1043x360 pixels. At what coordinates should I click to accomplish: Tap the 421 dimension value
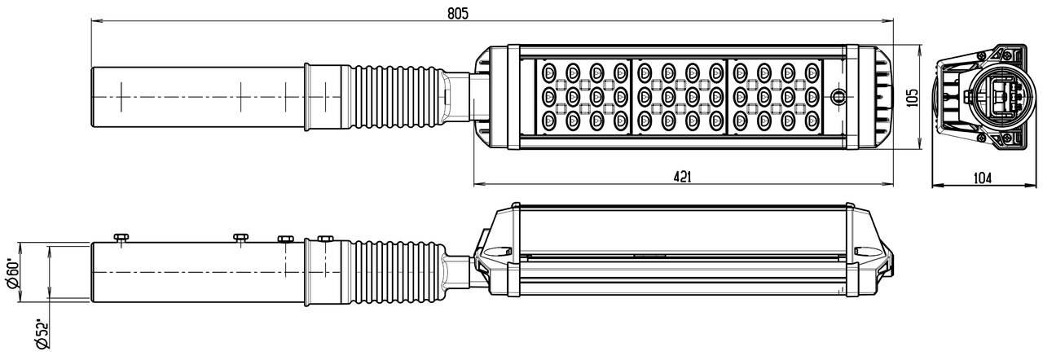click(x=683, y=177)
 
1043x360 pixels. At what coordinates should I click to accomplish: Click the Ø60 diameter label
click(x=14, y=274)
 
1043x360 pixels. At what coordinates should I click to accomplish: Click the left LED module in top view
click(x=584, y=97)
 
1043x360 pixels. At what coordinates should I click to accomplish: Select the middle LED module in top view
click(x=680, y=97)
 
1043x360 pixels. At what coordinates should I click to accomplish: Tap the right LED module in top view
click(x=775, y=97)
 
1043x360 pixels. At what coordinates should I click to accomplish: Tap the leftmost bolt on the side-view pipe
click(x=121, y=238)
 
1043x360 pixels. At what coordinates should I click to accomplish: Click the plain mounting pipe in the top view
click(x=196, y=96)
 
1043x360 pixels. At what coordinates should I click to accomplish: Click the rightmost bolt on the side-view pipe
click(x=325, y=239)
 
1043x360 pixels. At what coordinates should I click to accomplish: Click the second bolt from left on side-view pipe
click(x=240, y=238)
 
